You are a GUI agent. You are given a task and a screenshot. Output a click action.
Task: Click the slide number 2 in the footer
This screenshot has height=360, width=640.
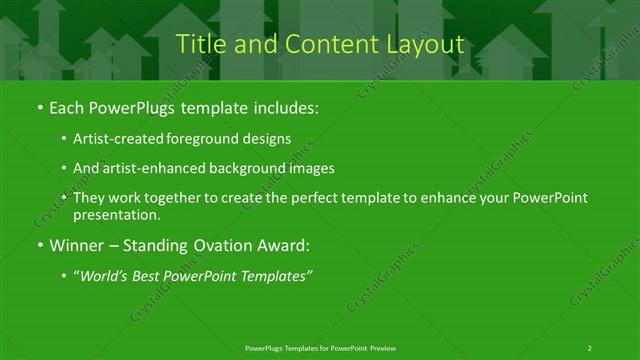(x=590, y=347)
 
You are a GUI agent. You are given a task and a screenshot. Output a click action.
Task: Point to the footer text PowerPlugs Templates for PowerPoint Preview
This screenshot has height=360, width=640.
(x=320, y=347)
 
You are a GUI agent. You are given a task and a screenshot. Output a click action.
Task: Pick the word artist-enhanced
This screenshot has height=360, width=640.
(x=154, y=168)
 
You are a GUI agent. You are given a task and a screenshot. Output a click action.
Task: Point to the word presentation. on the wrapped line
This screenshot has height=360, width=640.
(x=117, y=214)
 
